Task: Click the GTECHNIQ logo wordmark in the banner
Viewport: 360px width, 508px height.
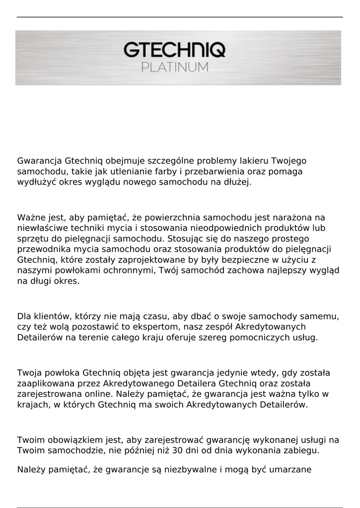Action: point(174,50)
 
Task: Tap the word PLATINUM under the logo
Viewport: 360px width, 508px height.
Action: point(175,67)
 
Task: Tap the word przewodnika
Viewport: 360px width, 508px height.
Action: point(44,249)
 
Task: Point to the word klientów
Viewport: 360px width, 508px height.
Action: point(55,316)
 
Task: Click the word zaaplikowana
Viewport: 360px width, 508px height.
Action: point(45,383)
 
